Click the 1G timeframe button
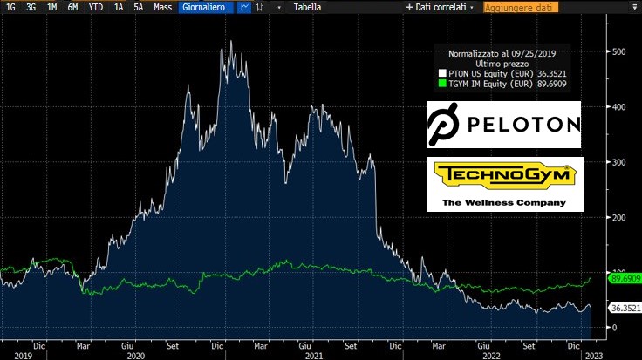[x=10, y=7]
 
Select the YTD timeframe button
[x=96, y=7]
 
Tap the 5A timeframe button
[x=139, y=7]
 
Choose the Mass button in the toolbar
[x=162, y=7]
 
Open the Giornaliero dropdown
[x=205, y=7]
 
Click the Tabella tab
[x=308, y=7]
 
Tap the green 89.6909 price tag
[x=625, y=278]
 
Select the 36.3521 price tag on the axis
[x=625, y=308]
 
